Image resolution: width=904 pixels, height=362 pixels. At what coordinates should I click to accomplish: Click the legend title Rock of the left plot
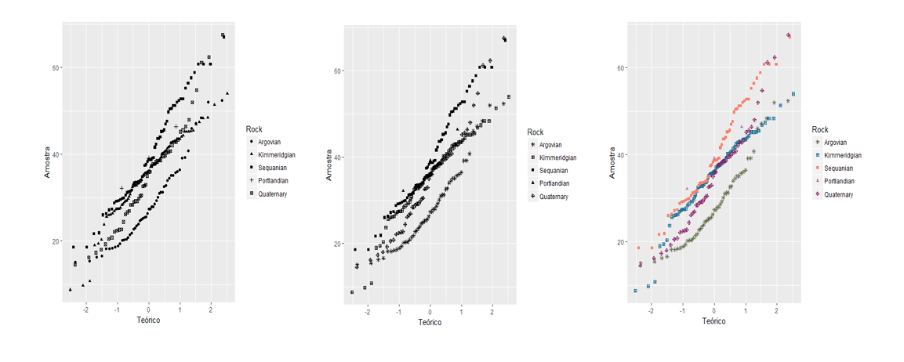pyautogui.click(x=253, y=129)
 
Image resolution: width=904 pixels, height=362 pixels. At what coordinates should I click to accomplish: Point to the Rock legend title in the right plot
pyautogui.click(x=820, y=129)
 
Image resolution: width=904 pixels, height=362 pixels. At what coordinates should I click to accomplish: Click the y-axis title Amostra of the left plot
pyautogui.click(x=47, y=161)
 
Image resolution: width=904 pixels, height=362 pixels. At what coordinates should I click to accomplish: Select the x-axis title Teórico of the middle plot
pyautogui.click(x=430, y=322)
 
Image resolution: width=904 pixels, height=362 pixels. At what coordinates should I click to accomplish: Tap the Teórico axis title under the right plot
pyautogui.click(x=713, y=320)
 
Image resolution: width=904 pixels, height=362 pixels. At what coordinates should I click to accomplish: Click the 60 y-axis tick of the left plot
pyautogui.click(x=56, y=67)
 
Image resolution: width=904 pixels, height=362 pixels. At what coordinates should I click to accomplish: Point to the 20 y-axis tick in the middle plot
pyautogui.click(x=337, y=244)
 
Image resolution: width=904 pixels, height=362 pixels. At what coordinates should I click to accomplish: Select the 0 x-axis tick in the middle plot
pyautogui.click(x=430, y=311)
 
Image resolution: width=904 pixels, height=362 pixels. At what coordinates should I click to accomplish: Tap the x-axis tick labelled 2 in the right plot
pyautogui.click(x=776, y=310)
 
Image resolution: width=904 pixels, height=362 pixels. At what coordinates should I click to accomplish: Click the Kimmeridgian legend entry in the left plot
pyautogui.click(x=276, y=155)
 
